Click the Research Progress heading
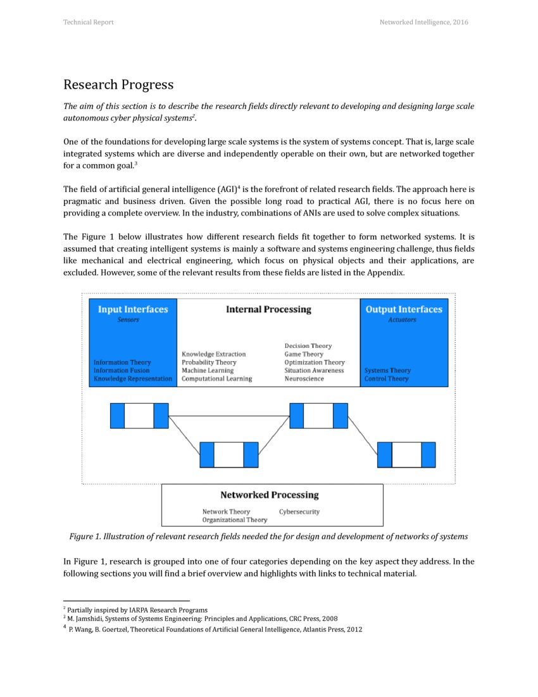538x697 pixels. click(118, 85)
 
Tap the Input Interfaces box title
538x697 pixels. click(133, 309)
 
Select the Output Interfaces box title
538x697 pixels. click(404, 309)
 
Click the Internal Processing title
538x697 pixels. click(268, 309)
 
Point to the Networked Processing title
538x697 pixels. click(269, 495)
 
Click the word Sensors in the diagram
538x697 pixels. click(128, 320)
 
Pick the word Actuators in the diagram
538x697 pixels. click(402, 320)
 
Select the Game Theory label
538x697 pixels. click(304, 354)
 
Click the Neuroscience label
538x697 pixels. click(304, 379)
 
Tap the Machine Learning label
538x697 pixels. click(208, 371)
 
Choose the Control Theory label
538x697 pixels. click(387, 379)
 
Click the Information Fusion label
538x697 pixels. click(122, 371)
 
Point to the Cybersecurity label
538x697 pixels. click(299, 512)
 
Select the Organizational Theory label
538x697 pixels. click(235, 520)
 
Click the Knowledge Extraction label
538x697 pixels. click(213, 354)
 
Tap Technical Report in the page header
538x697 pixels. click(89, 22)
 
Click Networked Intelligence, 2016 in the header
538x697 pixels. click(423, 22)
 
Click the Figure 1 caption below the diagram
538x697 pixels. click(268, 537)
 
